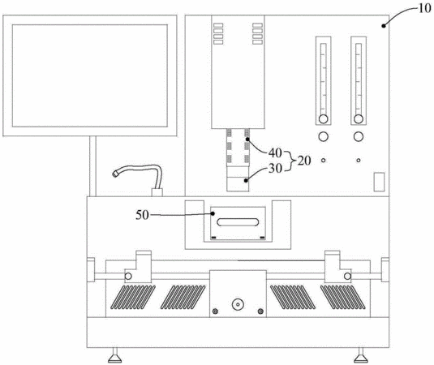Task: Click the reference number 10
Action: pos(424,8)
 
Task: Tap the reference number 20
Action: pos(304,161)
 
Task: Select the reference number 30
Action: pos(275,168)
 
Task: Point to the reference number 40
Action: pos(275,152)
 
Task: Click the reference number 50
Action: pos(142,215)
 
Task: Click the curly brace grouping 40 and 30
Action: pos(290,161)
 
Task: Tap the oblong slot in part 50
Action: pos(238,222)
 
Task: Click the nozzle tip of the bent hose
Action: pos(114,174)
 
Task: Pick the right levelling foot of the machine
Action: pos(361,356)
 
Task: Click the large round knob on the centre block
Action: pos(238,304)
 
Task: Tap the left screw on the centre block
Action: pos(215,311)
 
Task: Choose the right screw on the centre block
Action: pos(260,311)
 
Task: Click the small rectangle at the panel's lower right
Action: pos(379,182)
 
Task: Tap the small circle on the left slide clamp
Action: pos(128,276)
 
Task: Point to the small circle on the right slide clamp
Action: pos(348,276)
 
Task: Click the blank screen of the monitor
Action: pos(90,75)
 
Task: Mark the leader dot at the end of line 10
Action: pos(384,26)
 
